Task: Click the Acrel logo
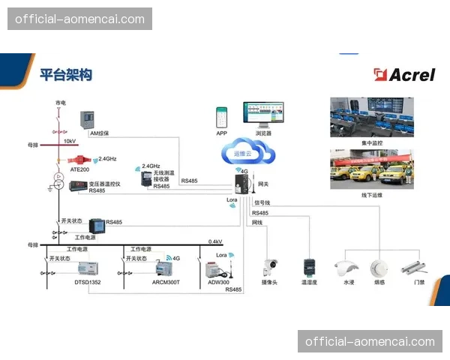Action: tap(403, 73)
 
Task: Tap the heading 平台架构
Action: tap(66, 74)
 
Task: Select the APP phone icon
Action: tap(221, 117)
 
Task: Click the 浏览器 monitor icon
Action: tap(262, 115)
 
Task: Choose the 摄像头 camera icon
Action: tap(270, 268)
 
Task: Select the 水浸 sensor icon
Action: tap(348, 268)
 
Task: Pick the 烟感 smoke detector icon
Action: tap(379, 268)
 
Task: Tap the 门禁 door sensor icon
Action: tap(414, 266)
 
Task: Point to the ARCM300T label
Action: tap(166, 283)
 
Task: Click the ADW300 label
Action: tap(218, 283)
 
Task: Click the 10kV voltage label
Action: tap(69, 140)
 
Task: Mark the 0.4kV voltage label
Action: tap(215, 241)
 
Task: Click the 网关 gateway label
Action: tap(262, 184)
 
